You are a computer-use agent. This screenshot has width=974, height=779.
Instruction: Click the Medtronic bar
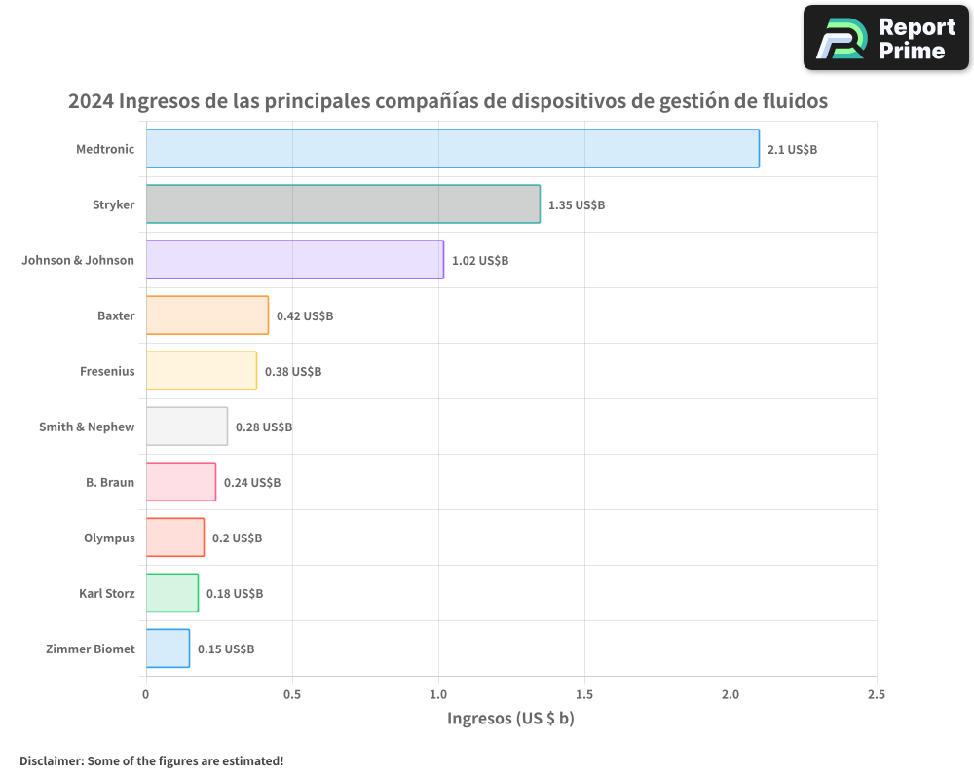coord(453,149)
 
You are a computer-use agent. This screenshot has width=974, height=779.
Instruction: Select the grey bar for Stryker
coord(343,204)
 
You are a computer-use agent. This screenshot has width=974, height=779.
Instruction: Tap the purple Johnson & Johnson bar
coord(295,260)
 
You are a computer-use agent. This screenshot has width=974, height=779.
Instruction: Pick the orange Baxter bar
coord(207,315)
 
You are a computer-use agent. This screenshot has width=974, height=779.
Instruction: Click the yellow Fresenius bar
coord(202,371)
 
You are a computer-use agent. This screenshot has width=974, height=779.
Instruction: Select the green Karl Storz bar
coord(172,593)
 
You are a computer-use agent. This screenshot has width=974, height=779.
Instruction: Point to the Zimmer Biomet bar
coord(168,649)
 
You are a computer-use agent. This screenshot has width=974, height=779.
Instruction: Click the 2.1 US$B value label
coord(792,150)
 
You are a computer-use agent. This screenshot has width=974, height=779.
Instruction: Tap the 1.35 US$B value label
coord(577,205)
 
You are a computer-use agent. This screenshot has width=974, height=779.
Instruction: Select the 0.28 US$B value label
coord(264,427)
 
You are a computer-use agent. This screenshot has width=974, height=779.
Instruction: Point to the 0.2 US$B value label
coord(237,538)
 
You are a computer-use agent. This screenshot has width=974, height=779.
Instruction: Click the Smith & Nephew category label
coord(87,427)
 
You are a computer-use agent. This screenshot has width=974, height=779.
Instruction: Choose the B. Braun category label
coord(110,483)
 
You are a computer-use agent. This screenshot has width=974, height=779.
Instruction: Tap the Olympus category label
coord(109,538)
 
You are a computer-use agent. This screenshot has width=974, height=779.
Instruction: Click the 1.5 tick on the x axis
coord(584,695)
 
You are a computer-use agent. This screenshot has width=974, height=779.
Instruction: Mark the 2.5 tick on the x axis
coord(877,695)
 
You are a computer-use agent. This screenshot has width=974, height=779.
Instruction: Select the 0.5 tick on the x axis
coord(292,695)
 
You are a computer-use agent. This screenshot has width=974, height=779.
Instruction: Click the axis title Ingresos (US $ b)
coord(510,719)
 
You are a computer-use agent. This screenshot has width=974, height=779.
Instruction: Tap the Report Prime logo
coord(886,38)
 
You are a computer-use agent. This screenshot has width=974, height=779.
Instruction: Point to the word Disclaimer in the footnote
coord(50,761)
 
